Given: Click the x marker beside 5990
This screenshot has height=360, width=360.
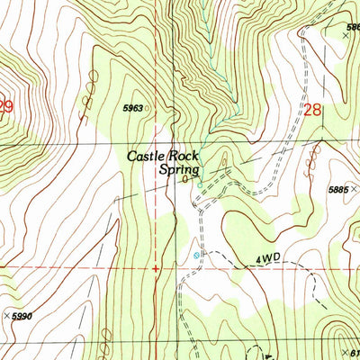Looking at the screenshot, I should [7, 316].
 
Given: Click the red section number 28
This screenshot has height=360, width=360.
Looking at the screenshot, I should [312, 110].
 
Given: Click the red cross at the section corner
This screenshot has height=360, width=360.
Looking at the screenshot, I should [157, 267].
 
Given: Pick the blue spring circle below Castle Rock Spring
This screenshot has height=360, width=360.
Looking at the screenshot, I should [200, 187].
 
